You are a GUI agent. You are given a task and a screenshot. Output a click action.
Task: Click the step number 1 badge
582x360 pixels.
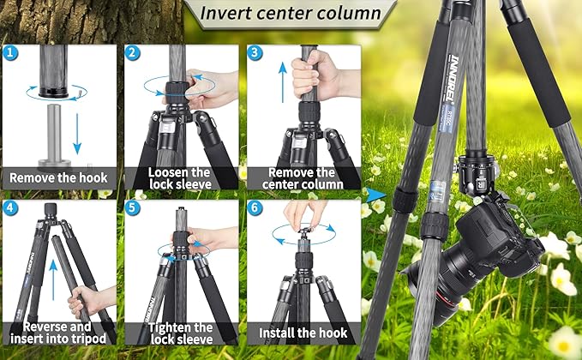point(10,52)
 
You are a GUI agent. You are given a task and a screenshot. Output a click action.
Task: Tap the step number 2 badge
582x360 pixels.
point(133,52)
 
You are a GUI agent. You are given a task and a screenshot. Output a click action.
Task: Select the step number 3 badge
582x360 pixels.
point(255,52)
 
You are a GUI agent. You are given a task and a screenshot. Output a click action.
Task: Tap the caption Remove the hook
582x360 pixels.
point(58,178)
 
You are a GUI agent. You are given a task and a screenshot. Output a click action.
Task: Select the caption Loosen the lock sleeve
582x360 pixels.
point(180,177)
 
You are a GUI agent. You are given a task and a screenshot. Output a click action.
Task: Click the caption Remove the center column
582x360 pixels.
point(302,177)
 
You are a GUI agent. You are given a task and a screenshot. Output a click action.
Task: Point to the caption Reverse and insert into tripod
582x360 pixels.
point(58,333)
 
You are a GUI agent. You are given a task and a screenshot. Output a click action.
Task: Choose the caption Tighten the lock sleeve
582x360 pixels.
point(180,333)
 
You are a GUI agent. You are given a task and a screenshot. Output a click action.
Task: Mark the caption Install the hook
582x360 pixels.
point(302,332)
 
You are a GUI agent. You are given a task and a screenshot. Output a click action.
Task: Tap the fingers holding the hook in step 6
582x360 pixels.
point(307,214)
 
